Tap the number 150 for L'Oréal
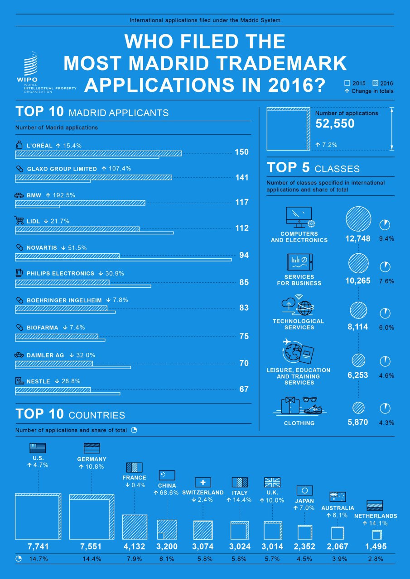241,152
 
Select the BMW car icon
19,195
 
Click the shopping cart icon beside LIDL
19,221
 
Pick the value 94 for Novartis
244,255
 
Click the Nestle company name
39,381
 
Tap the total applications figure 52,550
335,124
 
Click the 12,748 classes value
358,239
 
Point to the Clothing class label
299,423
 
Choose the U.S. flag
38,448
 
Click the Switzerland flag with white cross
203,482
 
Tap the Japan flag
304,490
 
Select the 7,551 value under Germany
92,546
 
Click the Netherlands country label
375,516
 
